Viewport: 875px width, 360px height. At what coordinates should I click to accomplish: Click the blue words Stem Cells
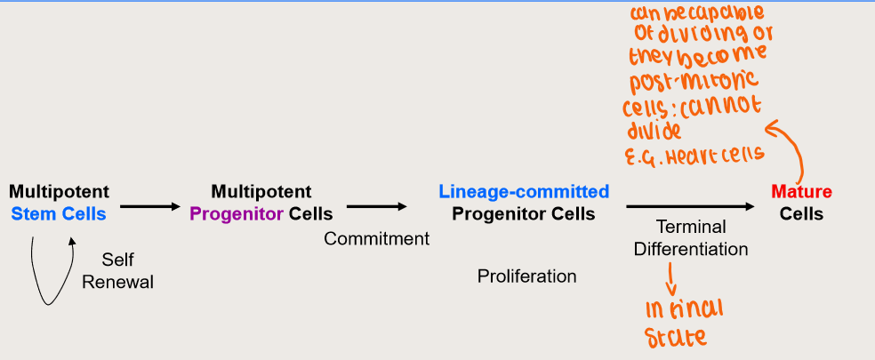(x=59, y=213)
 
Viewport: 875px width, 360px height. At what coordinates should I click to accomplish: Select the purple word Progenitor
(x=237, y=213)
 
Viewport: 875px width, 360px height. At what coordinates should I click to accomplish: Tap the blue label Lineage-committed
(x=524, y=191)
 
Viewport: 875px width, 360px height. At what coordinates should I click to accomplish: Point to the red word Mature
(x=801, y=191)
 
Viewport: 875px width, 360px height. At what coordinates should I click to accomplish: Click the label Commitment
(x=376, y=238)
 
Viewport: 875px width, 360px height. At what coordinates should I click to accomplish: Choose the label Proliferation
(x=526, y=276)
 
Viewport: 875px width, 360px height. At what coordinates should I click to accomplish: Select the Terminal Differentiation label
(x=691, y=237)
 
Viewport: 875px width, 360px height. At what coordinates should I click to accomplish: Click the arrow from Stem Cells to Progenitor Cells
(x=149, y=207)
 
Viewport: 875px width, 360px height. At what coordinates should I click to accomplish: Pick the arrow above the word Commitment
(x=376, y=207)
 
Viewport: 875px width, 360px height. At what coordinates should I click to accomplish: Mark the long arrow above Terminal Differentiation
(x=691, y=207)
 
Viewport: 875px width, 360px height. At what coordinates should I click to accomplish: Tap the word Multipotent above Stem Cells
(x=59, y=191)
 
